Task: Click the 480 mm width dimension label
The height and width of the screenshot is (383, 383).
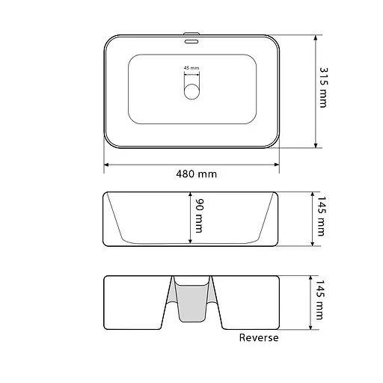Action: pyautogui.click(x=196, y=174)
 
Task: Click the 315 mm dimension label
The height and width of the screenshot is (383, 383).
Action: pyautogui.click(x=324, y=88)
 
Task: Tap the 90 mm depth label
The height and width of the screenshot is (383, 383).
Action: pyautogui.click(x=199, y=216)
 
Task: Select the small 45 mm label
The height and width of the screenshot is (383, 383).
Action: pyautogui.click(x=191, y=68)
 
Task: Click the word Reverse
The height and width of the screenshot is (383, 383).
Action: pyautogui.click(x=259, y=337)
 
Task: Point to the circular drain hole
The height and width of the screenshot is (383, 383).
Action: pyautogui.click(x=191, y=91)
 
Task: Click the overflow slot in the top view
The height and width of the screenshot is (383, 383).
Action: pyautogui.click(x=191, y=41)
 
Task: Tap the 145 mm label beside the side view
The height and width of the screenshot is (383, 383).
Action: pyautogui.click(x=321, y=216)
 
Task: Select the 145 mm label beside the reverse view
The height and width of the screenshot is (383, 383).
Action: pyautogui.click(x=319, y=300)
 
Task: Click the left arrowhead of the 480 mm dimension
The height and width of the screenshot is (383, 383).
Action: pyautogui.click(x=106, y=165)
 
